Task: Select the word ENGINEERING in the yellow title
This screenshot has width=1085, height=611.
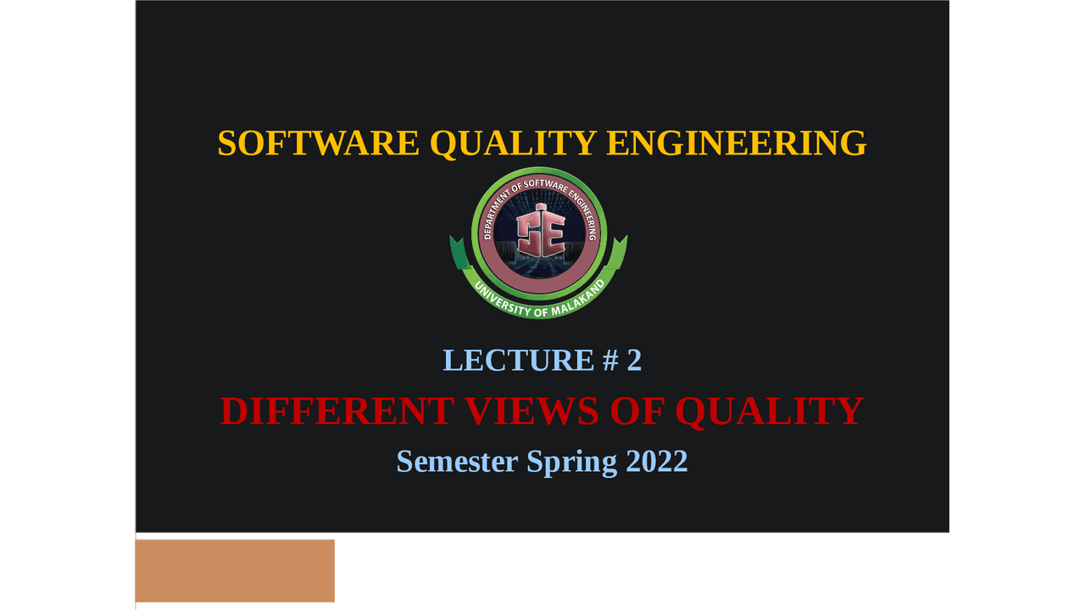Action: pyautogui.click(x=737, y=143)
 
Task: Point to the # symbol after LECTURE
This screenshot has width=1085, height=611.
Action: pyautogui.click(x=610, y=361)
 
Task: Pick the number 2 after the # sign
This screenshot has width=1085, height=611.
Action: pyautogui.click(x=634, y=361)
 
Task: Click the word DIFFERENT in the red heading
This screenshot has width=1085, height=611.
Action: pyautogui.click(x=336, y=412)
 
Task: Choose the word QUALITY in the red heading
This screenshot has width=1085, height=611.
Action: pyautogui.click(x=769, y=412)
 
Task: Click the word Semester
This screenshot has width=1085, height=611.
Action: pyautogui.click(x=457, y=462)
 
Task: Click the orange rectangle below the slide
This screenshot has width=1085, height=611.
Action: pyautogui.click(x=235, y=570)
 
